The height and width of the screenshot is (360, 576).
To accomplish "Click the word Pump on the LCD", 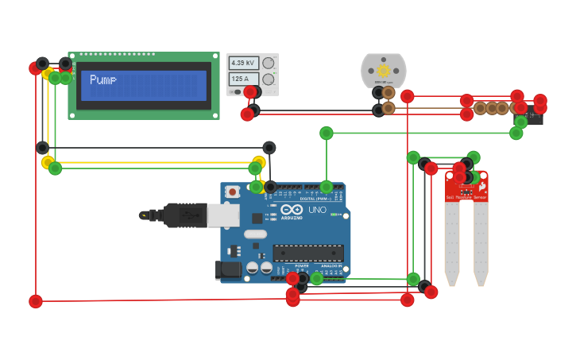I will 103,79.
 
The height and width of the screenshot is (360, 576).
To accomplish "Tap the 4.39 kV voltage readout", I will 243,63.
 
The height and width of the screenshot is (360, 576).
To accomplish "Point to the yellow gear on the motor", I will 384,71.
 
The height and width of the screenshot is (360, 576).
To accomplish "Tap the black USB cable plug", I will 184,215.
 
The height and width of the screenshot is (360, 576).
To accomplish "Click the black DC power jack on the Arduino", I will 230,269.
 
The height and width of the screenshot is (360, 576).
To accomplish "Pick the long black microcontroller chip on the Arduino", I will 308,253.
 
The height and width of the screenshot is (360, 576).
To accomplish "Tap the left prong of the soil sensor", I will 451,242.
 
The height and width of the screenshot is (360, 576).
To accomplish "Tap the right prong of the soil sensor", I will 481,242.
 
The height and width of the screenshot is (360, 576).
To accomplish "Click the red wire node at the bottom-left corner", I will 36,301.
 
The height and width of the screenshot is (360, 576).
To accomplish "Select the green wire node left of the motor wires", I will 327,133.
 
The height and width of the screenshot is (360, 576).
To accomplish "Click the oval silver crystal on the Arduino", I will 256,234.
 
